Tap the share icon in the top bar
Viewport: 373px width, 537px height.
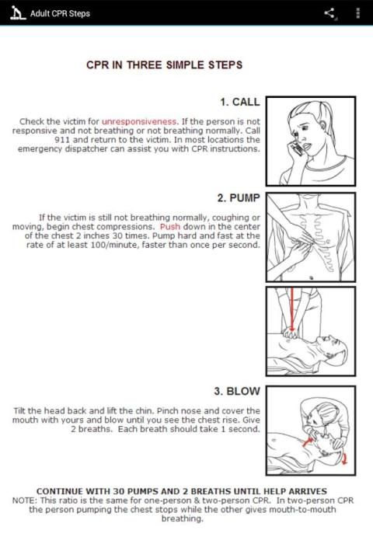[329, 13]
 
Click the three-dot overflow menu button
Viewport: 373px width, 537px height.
[358, 13]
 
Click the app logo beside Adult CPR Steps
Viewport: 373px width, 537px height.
[18, 13]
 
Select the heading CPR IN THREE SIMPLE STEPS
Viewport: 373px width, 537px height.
[165, 65]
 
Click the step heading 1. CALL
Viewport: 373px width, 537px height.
[240, 102]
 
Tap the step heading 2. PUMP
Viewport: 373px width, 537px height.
[239, 197]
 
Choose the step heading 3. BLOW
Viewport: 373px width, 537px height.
[237, 391]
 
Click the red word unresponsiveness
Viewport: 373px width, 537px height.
[139, 121]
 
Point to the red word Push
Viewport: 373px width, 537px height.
[170, 227]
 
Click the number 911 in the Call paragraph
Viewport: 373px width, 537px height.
[62, 140]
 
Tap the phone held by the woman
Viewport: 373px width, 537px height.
[296, 148]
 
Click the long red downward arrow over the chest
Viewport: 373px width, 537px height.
[292, 309]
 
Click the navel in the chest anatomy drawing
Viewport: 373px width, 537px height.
[311, 277]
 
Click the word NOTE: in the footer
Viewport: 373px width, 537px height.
[23, 500]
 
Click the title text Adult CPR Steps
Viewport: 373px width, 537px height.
[61, 14]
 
